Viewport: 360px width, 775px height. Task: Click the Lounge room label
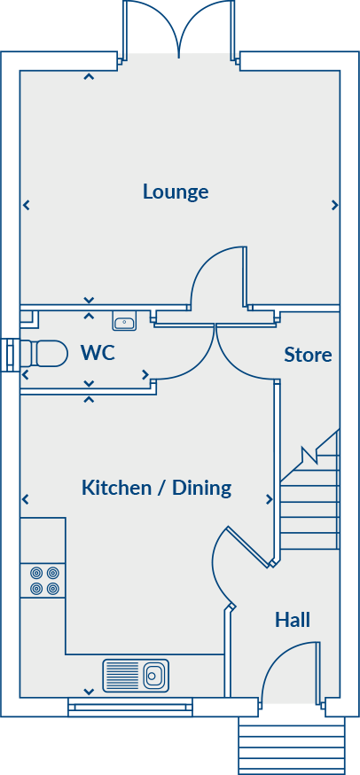click(x=176, y=192)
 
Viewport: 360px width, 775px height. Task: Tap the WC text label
click(x=98, y=353)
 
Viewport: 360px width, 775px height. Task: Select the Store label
click(x=308, y=355)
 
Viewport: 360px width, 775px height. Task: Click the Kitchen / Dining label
click(x=156, y=488)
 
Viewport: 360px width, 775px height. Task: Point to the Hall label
click(x=292, y=619)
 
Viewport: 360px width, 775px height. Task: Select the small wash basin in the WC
click(x=123, y=321)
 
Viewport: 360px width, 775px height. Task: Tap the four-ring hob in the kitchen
click(x=43, y=580)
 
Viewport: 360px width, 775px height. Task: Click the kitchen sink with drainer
click(x=136, y=675)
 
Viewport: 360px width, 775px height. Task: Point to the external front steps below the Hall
click(x=291, y=745)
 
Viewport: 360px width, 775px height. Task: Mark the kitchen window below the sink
click(x=129, y=707)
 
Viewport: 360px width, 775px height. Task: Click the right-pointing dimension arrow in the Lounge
click(x=334, y=205)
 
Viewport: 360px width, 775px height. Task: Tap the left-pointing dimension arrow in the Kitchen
click(x=26, y=498)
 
